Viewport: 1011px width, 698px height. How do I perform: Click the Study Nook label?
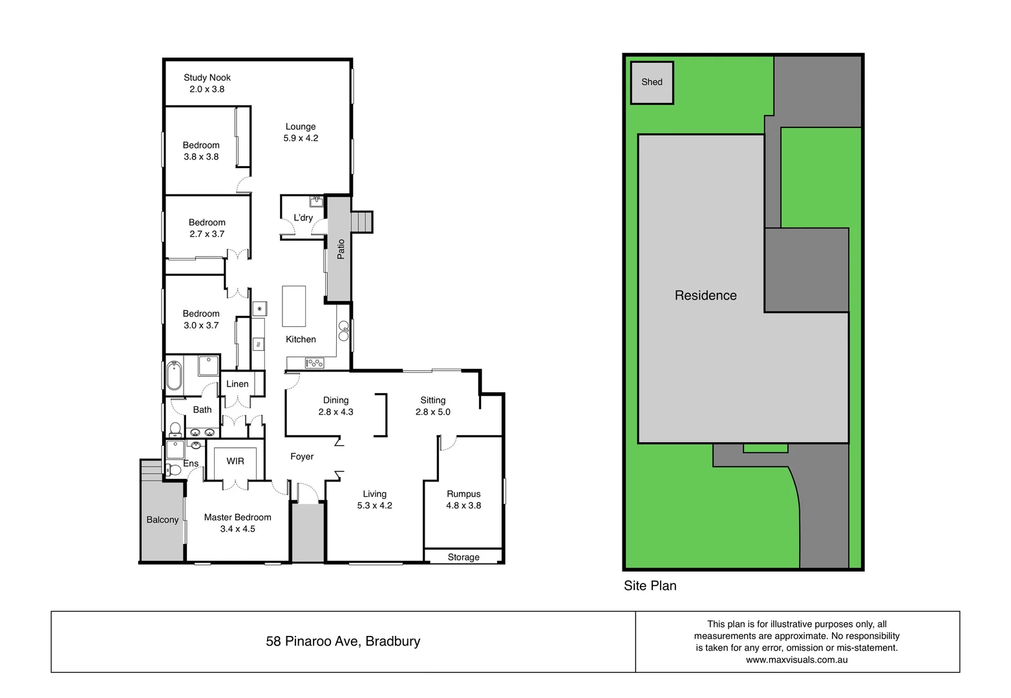point(207,78)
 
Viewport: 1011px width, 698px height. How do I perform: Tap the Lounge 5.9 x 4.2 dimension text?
point(301,138)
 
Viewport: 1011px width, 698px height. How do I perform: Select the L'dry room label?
point(303,218)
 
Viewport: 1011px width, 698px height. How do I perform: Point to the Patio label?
point(341,249)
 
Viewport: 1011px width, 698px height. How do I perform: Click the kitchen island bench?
point(294,306)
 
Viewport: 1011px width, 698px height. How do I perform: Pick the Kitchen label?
point(301,339)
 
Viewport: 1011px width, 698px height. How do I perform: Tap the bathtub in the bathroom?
point(174,375)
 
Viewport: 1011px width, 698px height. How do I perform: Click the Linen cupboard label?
point(237,384)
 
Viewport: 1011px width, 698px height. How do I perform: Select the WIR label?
point(235,461)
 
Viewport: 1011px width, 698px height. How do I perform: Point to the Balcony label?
point(162,520)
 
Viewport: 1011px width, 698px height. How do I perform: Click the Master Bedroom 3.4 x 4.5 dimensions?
point(237,529)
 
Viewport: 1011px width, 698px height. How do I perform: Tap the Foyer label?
point(302,456)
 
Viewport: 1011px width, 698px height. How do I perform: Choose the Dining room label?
point(335,400)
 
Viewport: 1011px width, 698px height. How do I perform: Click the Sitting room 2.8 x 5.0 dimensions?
point(432,412)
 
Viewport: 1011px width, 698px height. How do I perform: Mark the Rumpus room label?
point(463,494)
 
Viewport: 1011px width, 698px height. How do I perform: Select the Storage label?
point(463,557)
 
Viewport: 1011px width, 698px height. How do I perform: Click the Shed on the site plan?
point(652,82)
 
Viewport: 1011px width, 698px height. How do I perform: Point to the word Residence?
point(705,295)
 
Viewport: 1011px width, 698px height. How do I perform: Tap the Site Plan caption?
point(650,586)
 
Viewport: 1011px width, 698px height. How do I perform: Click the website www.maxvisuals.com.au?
point(796,660)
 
